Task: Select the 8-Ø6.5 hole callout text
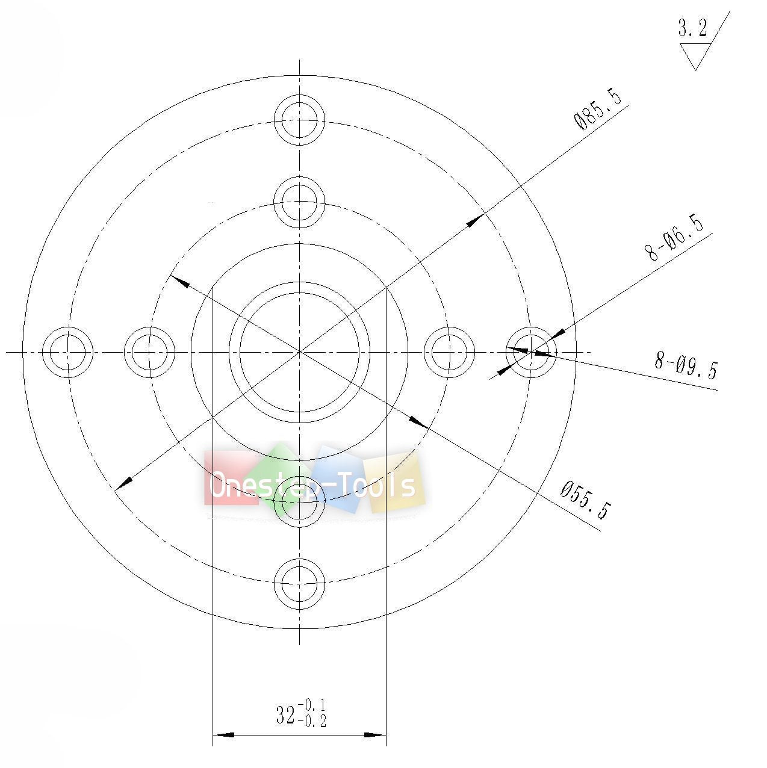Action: point(674,238)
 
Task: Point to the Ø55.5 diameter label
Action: point(585,500)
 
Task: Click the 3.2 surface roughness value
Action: point(693,28)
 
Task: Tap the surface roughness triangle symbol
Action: point(695,56)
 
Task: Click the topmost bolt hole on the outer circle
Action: point(299,120)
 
